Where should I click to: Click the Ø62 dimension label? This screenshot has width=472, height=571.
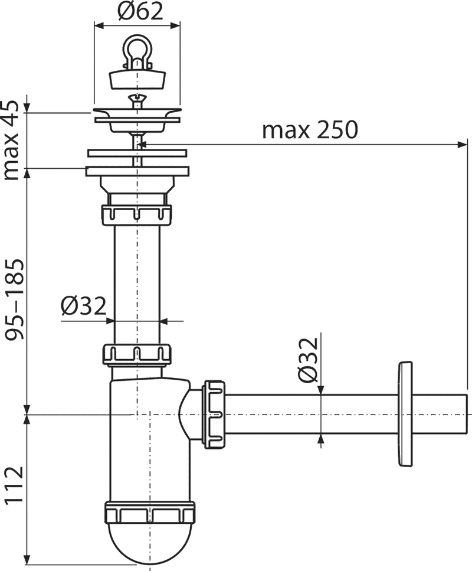140,12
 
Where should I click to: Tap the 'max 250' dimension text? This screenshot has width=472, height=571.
310,129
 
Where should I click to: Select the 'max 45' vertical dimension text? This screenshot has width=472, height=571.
11,140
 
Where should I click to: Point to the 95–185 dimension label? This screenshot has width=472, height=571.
15,299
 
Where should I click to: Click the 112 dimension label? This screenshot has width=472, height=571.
15,485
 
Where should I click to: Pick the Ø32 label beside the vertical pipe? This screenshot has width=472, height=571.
83,305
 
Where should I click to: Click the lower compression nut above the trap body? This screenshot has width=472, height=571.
137,354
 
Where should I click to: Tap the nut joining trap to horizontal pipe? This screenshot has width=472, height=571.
214,414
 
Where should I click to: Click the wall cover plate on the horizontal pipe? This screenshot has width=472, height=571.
405,414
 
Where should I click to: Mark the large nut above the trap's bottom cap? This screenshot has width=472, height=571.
150,513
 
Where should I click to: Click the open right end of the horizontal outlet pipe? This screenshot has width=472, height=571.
466,414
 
